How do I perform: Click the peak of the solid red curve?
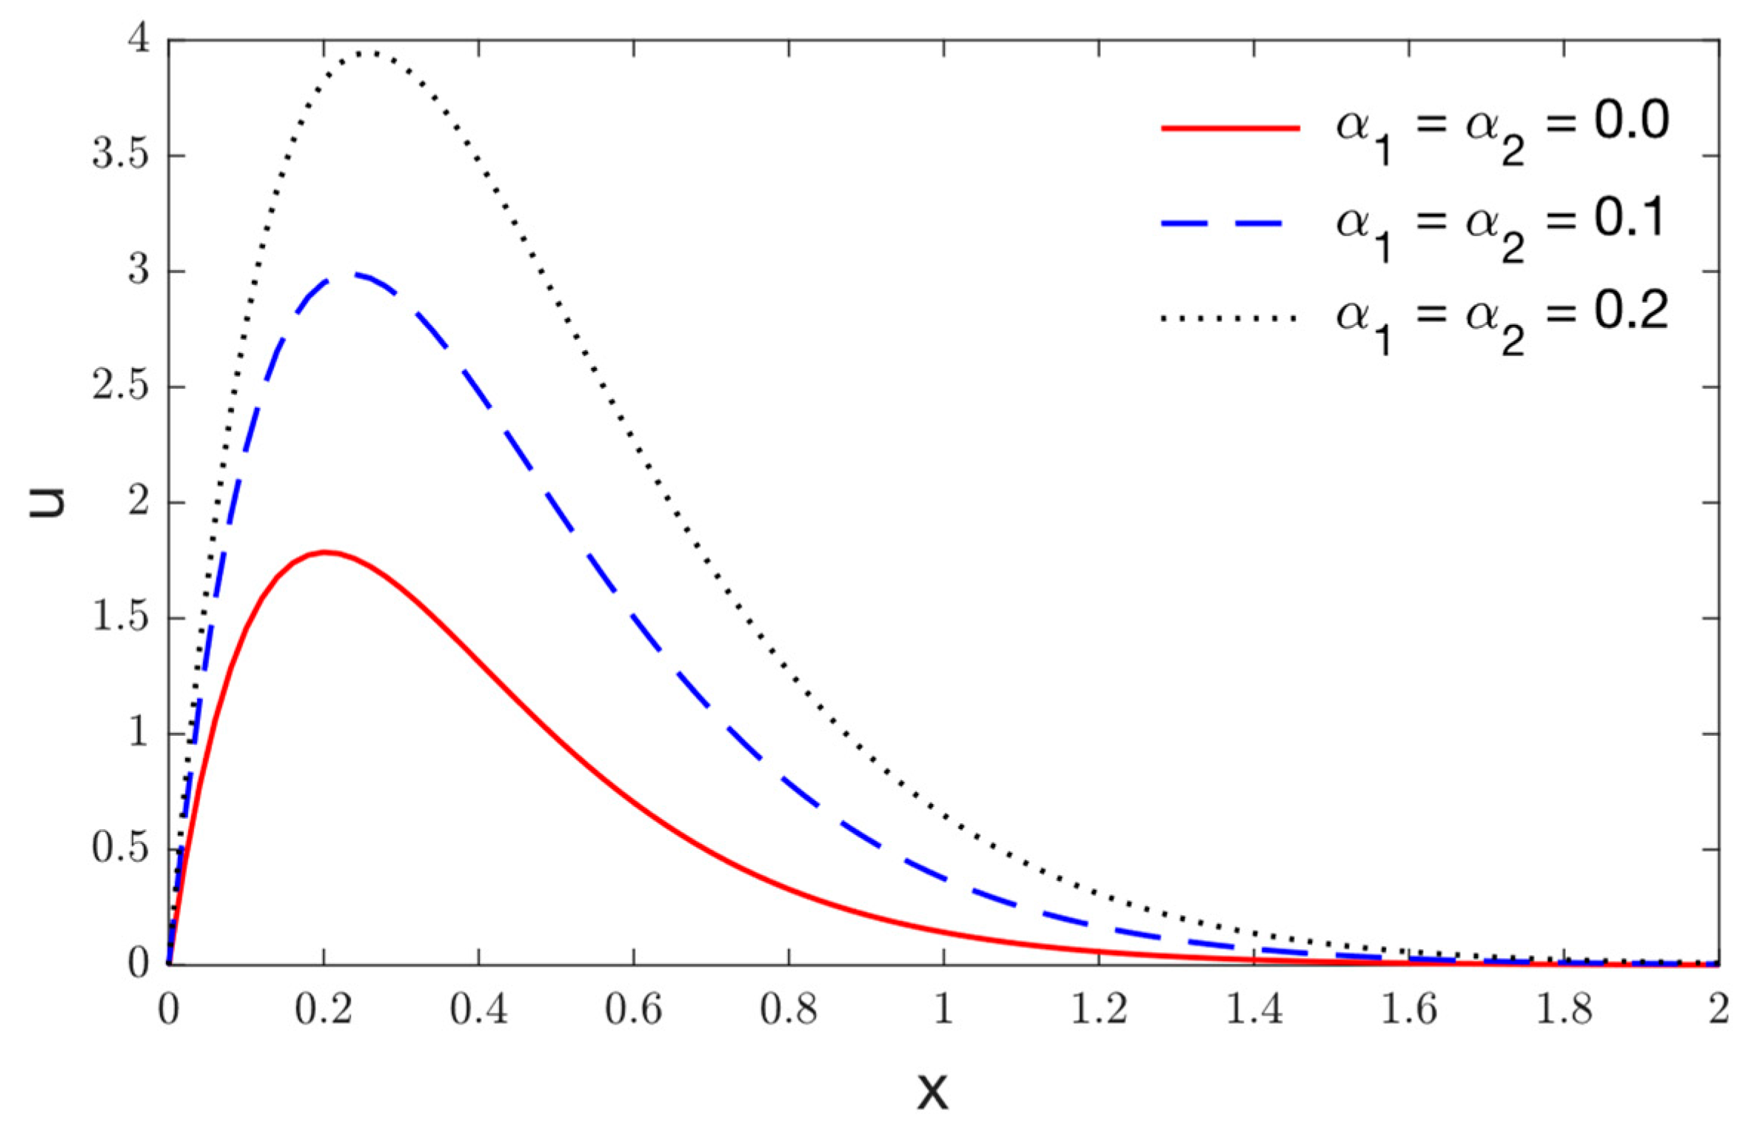pos(324,552)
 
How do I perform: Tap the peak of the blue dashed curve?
pos(354,275)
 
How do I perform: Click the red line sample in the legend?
pos(1230,128)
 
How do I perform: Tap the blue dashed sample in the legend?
pos(1230,224)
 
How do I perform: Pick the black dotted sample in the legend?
pos(1230,318)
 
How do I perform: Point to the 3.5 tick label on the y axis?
pos(120,156)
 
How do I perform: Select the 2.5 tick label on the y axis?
pos(120,387)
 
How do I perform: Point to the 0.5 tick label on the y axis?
pos(120,849)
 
